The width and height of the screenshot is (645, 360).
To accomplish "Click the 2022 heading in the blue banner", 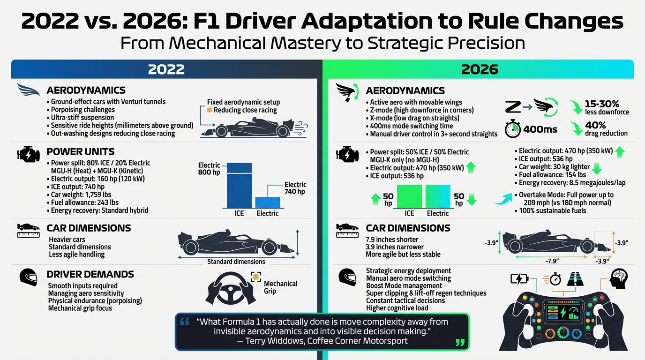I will (166, 69).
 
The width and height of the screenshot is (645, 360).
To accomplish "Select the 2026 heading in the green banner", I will (479, 69).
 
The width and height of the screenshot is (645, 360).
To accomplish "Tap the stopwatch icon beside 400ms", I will (513, 129).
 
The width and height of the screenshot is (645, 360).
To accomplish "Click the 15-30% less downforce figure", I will (607, 107).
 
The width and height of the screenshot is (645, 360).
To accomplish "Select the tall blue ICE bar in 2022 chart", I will (239, 185).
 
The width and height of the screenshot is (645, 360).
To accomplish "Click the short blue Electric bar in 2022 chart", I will (268, 202).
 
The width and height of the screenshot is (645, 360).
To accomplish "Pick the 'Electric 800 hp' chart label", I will (209, 169).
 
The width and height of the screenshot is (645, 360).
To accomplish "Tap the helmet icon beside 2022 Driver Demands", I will (28, 277).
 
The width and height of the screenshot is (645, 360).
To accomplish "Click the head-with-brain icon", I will (619, 279).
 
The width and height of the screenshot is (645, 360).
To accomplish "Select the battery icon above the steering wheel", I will (519, 279).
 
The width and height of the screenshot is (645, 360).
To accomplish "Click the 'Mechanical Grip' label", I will (280, 287).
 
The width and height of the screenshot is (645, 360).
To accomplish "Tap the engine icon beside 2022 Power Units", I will (26, 154).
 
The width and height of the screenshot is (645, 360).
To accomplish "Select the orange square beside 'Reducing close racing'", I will (210, 110).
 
